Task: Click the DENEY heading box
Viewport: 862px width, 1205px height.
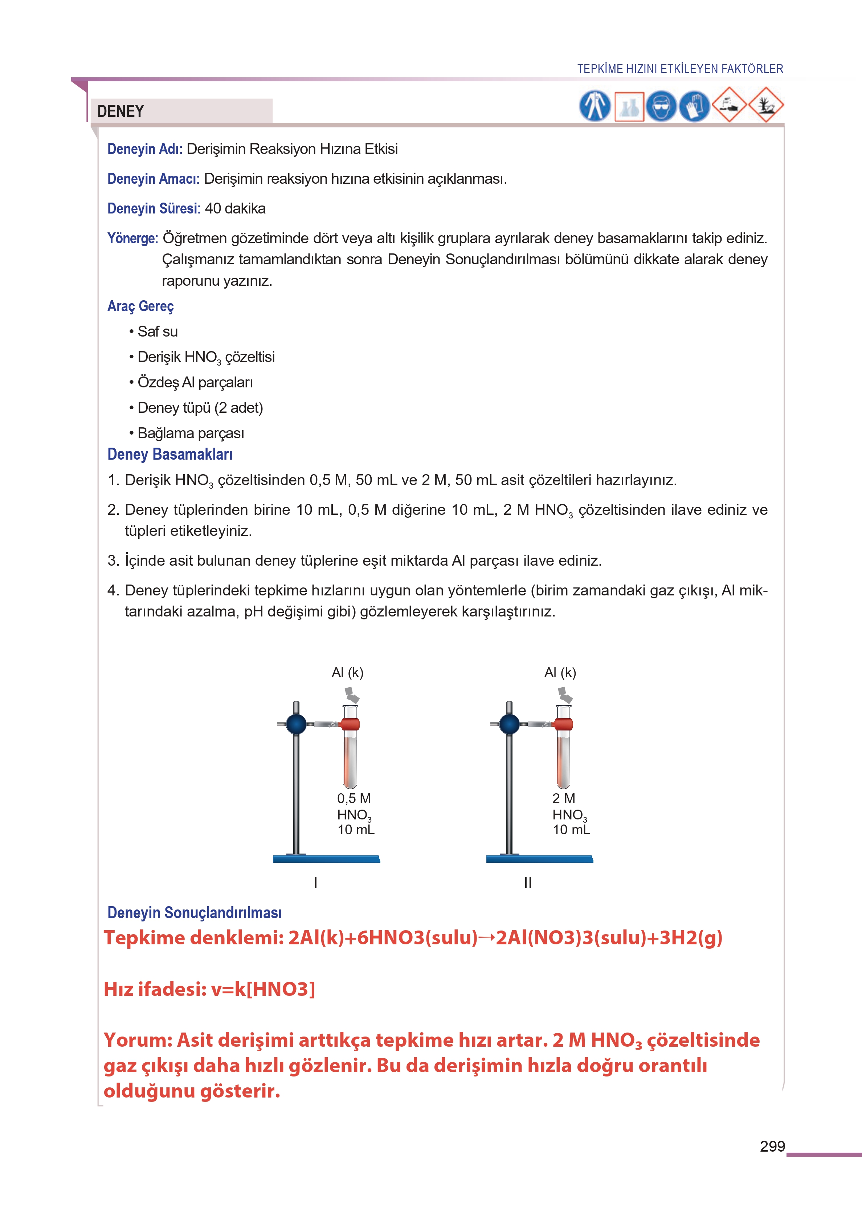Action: (x=180, y=111)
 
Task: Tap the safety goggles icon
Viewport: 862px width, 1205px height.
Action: (x=661, y=106)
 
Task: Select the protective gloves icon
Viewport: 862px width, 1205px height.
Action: (x=694, y=106)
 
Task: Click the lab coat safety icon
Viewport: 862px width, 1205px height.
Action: (x=595, y=106)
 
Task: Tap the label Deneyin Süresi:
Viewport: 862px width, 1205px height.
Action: (x=154, y=209)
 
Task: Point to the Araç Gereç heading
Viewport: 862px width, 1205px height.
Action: (x=141, y=306)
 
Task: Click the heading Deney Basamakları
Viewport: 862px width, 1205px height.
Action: (x=170, y=455)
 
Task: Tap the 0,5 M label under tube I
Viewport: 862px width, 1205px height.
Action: (x=354, y=798)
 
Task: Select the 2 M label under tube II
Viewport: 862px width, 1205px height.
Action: (x=563, y=798)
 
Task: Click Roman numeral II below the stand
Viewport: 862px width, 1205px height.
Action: (x=528, y=882)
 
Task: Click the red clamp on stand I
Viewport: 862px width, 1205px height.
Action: (x=350, y=724)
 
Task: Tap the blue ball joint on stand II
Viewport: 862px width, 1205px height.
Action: (x=510, y=724)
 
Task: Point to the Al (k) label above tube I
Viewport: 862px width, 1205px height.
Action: (x=348, y=672)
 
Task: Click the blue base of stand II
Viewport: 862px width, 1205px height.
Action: (x=539, y=859)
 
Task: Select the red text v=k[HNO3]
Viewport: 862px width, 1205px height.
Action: (x=263, y=989)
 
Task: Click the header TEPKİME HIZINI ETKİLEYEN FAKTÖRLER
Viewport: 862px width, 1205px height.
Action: (x=680, y=69)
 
